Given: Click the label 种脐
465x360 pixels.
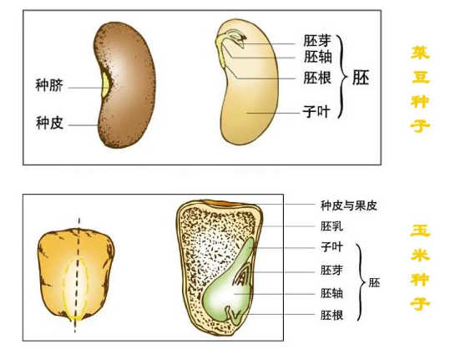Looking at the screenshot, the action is coord(49,85).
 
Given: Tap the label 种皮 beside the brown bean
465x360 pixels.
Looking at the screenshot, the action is coord(49,123).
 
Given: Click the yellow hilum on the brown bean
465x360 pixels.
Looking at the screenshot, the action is coord(105,84).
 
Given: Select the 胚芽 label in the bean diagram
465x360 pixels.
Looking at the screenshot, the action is coord(317,41).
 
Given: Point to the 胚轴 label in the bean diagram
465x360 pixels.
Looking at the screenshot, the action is coord(317,57).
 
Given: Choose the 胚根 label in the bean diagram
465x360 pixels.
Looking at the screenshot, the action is coord(317,78).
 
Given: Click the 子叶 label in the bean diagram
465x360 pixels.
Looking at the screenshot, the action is coord(316,112).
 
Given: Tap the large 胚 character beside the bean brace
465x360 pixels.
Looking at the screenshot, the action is coord(361,78).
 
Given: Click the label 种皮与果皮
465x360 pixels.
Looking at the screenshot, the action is coord(349,205).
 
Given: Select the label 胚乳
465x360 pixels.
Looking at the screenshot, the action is coord(331,226).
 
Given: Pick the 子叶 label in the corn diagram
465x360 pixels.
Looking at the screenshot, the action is coord(331,247).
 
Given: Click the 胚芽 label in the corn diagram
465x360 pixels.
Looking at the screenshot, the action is coord(331,271).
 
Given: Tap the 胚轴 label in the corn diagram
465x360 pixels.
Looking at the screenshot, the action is coord(331,293).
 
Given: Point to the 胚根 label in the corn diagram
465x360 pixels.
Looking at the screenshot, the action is coord(331,315).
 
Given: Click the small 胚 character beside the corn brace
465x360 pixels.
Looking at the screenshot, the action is coord(374,283).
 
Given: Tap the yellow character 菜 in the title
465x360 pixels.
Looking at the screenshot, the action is coord(420,53).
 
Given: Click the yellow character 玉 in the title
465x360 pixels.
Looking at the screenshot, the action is coord(420,231).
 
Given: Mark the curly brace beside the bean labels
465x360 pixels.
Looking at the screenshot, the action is coord(342,77).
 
